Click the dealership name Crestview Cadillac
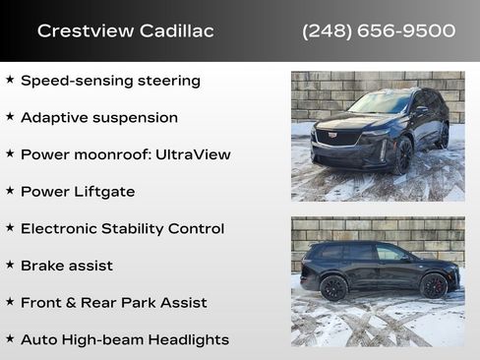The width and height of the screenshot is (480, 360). (x=125, y=30)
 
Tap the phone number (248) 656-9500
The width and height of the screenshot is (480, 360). (x=379, y=30)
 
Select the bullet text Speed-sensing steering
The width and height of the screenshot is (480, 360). (x=110, y=80)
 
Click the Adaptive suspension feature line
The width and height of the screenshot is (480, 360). (x=99, y=117)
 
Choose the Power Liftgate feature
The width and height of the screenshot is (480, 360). (x=78, y=191)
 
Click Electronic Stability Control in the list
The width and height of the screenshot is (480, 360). (x=122, y=228)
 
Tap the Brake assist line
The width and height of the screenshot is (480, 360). (x=67, y=266)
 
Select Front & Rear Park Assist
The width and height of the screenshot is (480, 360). (x=114, y=303)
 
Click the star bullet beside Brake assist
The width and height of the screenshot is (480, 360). (x=10, y=265)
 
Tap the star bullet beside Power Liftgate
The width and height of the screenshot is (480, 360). (x=10, y=190)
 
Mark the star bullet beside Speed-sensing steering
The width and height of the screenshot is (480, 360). (x=10, y=79)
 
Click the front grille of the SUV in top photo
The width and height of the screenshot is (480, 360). (x=338, y=138)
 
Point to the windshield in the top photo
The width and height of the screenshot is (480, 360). (x=380, y=102)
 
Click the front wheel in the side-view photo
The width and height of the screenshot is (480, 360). (x=434, y=285)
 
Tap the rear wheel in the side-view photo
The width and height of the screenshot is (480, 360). (x=334, y=287)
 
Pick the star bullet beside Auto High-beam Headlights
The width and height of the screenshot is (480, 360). (x=10, y=338)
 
